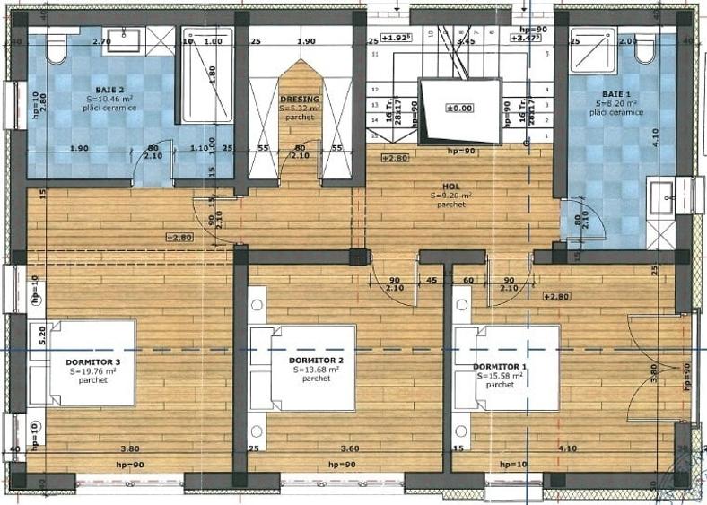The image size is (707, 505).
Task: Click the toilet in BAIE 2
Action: (57, 48)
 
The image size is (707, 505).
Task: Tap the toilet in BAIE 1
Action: (644, 48)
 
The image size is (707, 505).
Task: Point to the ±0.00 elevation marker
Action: (458, 109)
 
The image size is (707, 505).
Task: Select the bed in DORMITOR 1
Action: (507, 368)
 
